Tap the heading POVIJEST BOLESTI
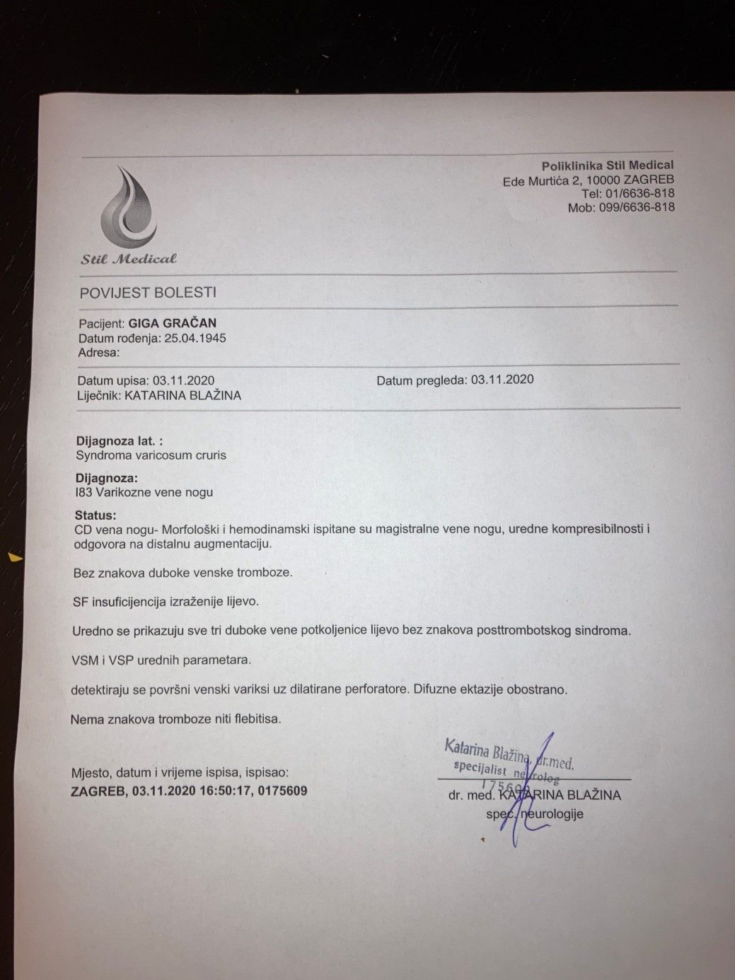148,293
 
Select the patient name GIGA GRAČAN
172,323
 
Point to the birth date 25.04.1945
195,338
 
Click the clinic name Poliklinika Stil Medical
608,165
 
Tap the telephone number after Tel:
639,193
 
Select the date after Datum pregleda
502,380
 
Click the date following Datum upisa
183,380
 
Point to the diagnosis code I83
83,492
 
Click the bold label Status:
96,515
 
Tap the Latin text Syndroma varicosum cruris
151,455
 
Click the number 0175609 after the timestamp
283,791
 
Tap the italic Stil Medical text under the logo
128,259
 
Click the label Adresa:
99,352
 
